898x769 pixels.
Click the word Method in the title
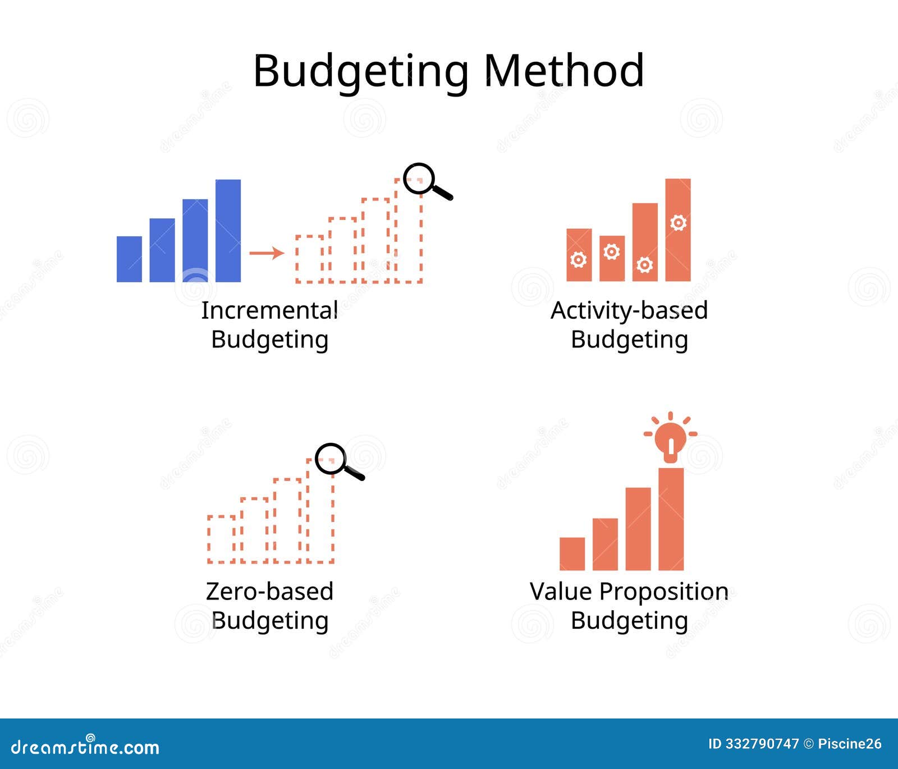[563, 71]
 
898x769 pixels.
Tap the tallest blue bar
[228, 230]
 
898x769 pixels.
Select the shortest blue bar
[129, 259]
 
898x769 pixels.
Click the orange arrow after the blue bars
[266, 253]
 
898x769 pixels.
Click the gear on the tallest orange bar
[678, 223]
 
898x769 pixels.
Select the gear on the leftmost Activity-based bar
[579, 259]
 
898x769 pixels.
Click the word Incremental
[269, 310]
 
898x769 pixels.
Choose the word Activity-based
[629, 310]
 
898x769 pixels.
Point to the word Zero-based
[269, 592]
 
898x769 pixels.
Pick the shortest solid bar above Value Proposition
[572, 553]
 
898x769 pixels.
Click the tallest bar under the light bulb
[671, 519]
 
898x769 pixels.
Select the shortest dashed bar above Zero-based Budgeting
[221, 539]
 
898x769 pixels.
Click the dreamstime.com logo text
[85, 747]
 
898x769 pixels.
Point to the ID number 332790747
[761, 744]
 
